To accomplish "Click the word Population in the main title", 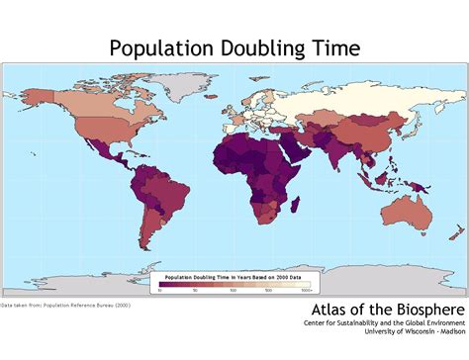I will click(157, 47).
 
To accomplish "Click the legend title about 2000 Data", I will click(234, 277).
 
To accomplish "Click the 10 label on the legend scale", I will click(160, 291).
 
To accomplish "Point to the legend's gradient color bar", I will click(234, 285).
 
